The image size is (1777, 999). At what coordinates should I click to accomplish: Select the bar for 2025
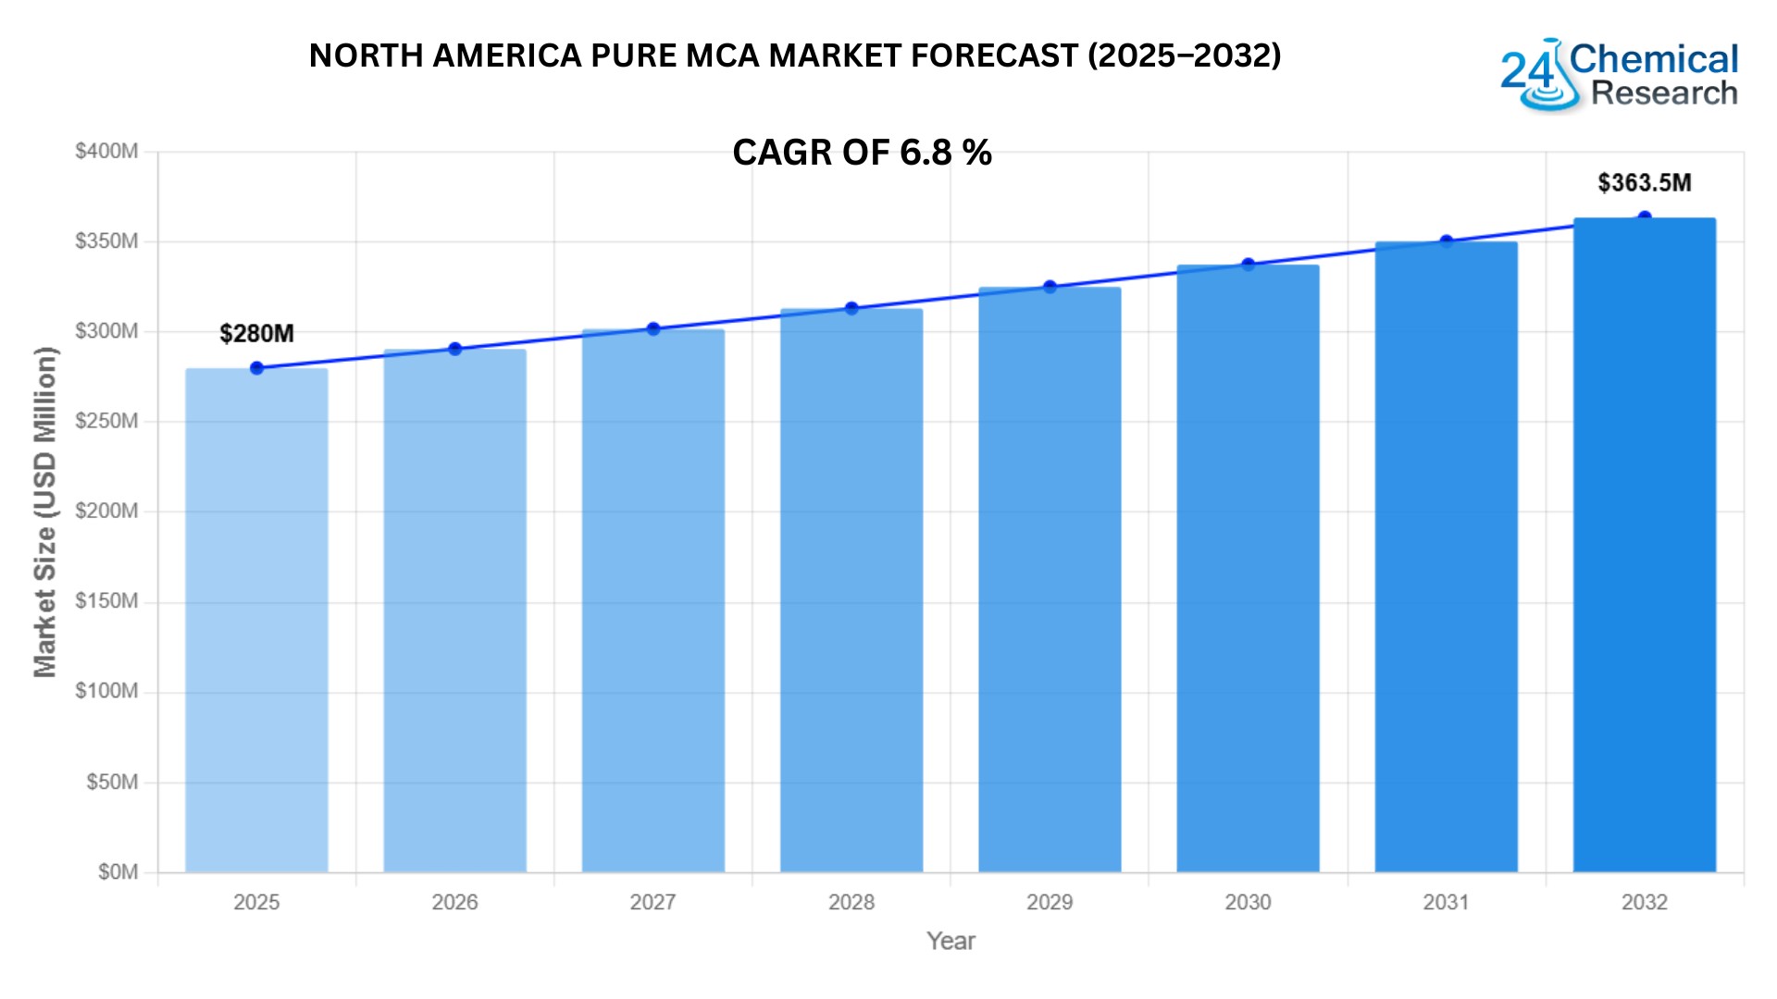[x=256, y=620]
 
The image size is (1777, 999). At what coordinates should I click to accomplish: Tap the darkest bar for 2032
[x=1645, y=545]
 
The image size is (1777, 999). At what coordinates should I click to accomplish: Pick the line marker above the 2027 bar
[x=653, y=329]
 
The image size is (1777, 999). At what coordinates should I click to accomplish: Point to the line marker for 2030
[x=1248, y=265]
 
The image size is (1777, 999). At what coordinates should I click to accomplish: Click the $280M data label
[x=256, y=334]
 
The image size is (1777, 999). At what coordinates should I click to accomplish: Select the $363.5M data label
[x=1645, y=183]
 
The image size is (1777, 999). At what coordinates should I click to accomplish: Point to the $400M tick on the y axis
[x=106, y=151]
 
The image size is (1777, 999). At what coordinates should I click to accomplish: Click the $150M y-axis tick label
[x=106, y=601]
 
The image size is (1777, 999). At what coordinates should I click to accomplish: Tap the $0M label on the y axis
[x=118, y=872]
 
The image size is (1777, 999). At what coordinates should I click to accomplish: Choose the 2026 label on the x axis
[x=454, y=902]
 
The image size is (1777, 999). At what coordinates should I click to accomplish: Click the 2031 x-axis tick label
[x=1446, y=902]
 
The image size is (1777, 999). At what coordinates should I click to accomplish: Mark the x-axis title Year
[x=951, y=941]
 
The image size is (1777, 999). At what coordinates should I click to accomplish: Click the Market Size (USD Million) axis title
[x=45, y=512]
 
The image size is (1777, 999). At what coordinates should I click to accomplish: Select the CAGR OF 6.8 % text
[x=862, y=153]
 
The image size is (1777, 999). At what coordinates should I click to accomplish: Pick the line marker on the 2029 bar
[x=1050, y=287]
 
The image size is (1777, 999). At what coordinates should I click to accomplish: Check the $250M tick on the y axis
[x=106, y=421]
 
